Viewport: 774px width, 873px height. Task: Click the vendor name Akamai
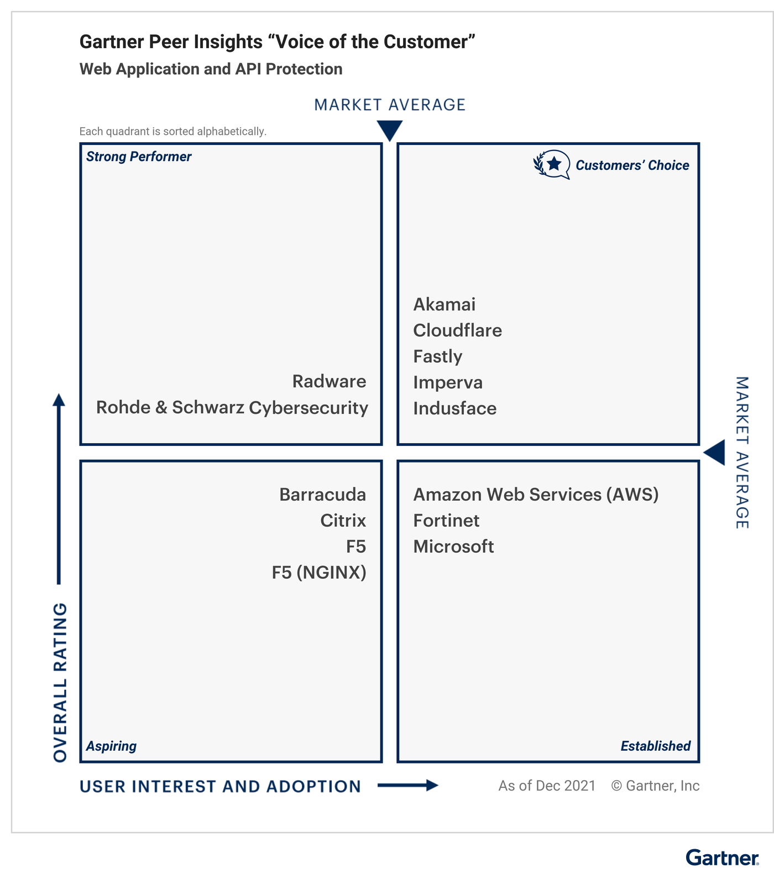coord(444,304)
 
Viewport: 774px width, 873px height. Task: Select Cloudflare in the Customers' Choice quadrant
coord(458,330)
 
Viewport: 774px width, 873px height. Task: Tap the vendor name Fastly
coord(438,357)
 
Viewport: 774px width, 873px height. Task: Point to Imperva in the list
coord(448,383)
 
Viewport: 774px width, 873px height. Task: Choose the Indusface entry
coord(455,408)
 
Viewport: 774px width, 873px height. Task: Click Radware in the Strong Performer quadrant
coord(330,381)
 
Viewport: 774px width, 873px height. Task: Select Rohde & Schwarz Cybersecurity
coord(232,408)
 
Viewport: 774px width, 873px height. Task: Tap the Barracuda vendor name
coord(323,495)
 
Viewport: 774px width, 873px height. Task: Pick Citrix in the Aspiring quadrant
coord(343,521)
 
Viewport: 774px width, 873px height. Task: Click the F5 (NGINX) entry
coord(319,573)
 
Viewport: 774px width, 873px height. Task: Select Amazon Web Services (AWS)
coord(536,495)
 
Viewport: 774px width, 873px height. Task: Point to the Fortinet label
coord(447,521)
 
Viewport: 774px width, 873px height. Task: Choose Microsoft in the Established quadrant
coord(454,547)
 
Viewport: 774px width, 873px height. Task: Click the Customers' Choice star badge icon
coord(552,164)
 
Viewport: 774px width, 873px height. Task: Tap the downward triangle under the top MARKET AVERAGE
coord(390,131)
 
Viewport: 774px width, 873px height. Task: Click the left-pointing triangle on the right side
coord(715,453)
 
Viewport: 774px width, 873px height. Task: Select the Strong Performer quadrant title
coord(139,157)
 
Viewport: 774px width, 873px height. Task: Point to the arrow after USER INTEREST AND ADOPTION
coord(408,785)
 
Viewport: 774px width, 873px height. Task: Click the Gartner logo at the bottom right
coord(723,858)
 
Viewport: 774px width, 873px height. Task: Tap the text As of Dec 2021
coord(547,786)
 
